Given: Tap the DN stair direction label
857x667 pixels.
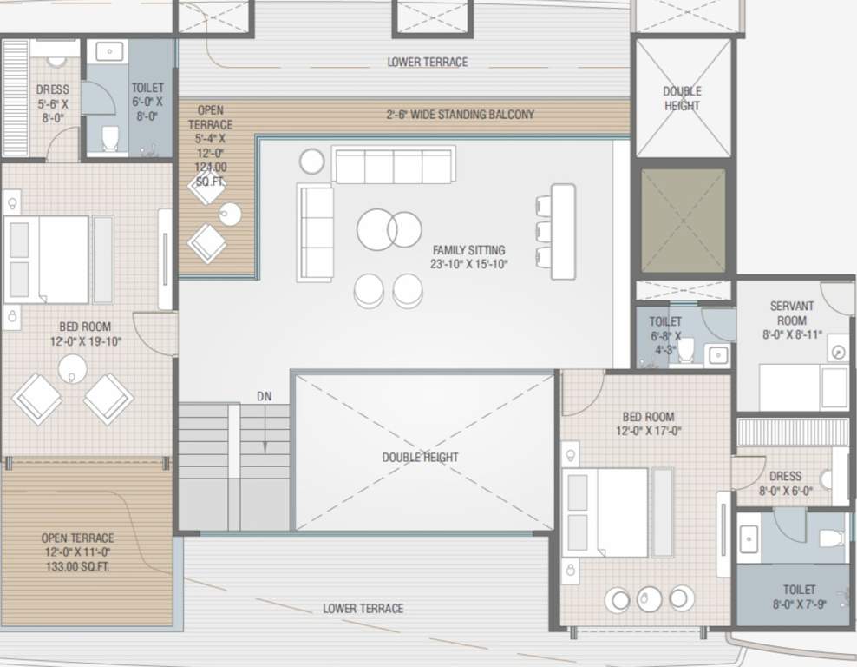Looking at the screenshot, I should coord(265,396).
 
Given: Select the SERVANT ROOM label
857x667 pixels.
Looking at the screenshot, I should coord(791,314).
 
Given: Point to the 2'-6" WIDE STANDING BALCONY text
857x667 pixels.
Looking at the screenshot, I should coord(460,115).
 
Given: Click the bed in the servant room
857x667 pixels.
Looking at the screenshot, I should coord(803,387).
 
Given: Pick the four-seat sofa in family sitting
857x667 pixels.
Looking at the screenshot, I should coord(394,165).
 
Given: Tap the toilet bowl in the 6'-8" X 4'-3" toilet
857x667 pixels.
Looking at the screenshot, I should coord(686,350).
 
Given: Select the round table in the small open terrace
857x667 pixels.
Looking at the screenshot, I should coord(230,214).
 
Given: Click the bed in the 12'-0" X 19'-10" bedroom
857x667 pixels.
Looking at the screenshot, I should coord(48,259).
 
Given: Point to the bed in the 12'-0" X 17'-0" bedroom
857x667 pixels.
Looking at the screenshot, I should coord(605,512).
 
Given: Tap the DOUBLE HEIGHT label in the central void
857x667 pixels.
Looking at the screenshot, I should coord(420,458).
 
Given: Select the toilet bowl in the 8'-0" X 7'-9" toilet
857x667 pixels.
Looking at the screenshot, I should coord(832,538).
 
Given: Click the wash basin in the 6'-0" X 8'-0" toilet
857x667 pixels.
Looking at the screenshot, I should coord(110,52).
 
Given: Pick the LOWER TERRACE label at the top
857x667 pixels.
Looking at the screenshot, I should coord(427,63).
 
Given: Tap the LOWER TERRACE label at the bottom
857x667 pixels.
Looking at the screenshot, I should coord(363,609).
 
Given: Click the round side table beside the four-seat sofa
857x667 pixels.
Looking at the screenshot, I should coord(312,161).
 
